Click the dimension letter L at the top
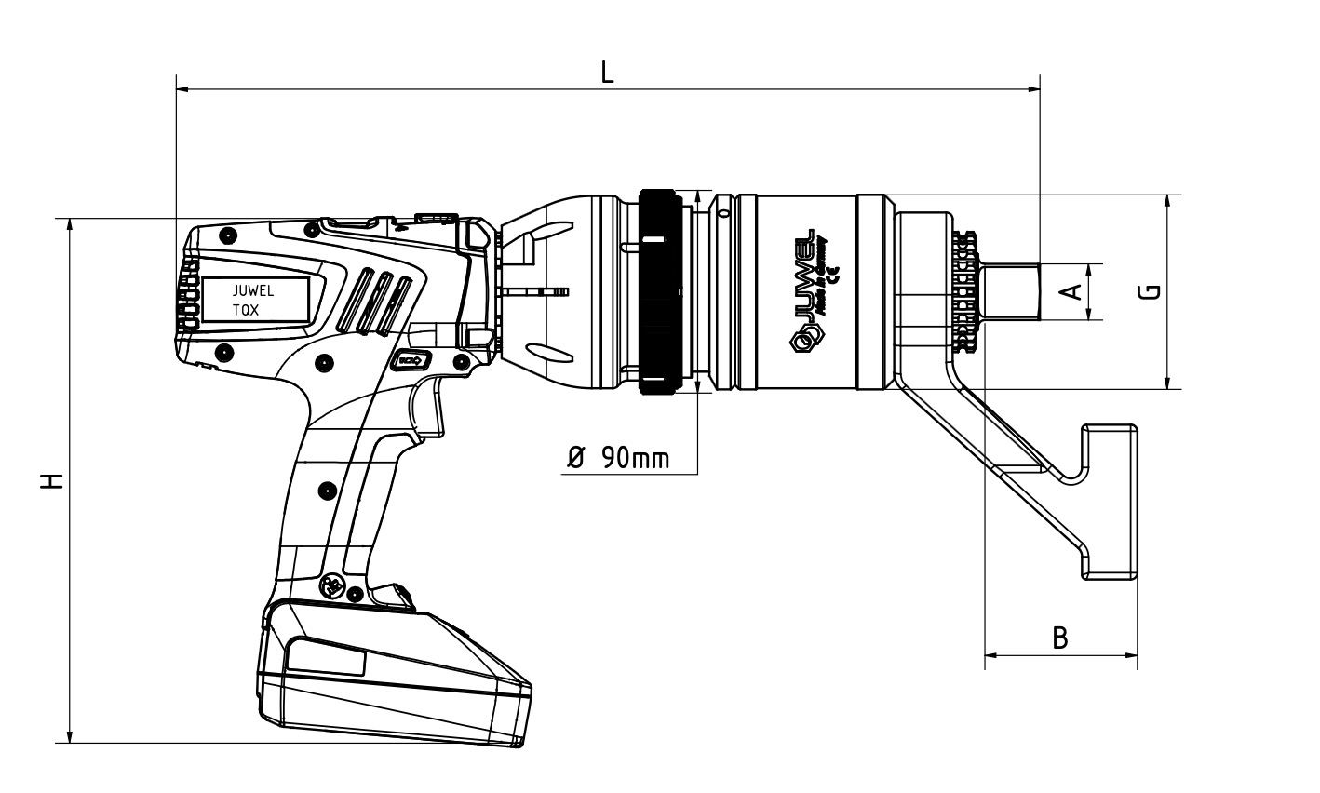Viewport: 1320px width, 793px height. [x=607, y=73]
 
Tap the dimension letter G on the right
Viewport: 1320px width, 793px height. [x=1152, y=291]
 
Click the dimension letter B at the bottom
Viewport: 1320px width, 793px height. [x=1059, y=638]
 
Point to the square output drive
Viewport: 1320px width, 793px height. [x=1011, y=292]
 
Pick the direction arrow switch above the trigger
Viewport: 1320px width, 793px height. [x=411, y=361]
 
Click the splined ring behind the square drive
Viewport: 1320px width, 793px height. [x=965, y=291]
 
